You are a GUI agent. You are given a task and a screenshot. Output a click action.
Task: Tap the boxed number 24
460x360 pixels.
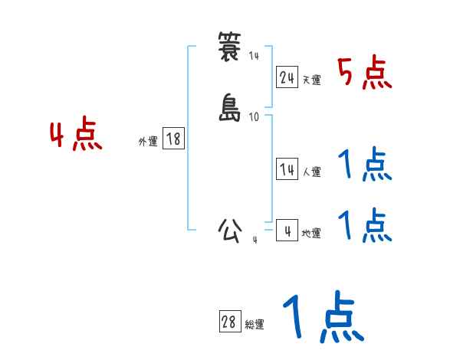pyautogui.click(x=287, y=77)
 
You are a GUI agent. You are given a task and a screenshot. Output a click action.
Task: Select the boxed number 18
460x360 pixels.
pyautogui.click(x=173, y=139)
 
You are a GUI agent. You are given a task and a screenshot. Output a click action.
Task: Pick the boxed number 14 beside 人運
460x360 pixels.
pyautogui.click(x=287, y=169)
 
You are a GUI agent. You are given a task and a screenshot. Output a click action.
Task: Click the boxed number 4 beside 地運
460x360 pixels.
pyautogui.click(x=287, y=230)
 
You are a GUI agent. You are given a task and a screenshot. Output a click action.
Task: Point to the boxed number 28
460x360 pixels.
pyautogui.click(x=228, y=322)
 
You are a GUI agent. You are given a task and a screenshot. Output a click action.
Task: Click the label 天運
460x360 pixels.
pyautogui.click(x=311, y=80)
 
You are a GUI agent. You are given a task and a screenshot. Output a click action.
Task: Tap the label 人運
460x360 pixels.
pyautogui.click(x=311, y=172)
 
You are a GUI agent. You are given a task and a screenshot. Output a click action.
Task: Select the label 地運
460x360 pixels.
pyautogui.click(x=311, y=233)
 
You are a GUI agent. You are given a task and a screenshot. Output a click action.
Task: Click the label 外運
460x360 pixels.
pyautogui.click(x=148, y=142)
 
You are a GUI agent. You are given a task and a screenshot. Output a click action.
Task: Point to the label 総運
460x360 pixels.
pyautogui.click(x=254, y=325)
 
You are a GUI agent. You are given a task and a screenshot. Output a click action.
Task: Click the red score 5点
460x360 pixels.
pyautogui.click(x=365, y=74)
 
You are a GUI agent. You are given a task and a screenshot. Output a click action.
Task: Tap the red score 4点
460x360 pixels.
pyautogui.click(x=76, y=136)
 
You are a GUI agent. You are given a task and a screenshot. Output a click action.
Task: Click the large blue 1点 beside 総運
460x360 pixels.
pyautogui.click(x=323, y=316)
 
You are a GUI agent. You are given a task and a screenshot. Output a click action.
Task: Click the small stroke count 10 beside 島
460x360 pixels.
pyautogui.click(x=255, y=116)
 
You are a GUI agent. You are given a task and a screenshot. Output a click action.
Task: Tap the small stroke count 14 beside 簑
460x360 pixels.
pyautogui.click(x=255, y=56)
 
